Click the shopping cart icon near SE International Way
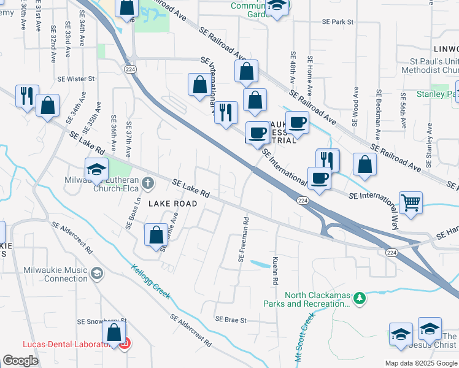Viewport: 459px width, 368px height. pyautogui.click(x=411, y=202)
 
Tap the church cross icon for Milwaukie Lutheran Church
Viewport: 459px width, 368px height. pyautogui.click(x=147, y=182)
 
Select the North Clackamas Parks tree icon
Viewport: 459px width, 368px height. pyautogui.click(x=360, y=299)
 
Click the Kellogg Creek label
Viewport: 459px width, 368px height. pyautogui.click(x=150, y=281)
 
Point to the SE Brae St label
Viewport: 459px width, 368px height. pyautogui.click(x=230, y=320)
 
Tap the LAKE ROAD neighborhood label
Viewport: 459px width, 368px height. pyautogui.click(x=172, y=203)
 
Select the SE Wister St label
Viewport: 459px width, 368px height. pyautogui.click(x=76, y=79)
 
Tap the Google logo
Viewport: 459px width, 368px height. pyautogui.click(x=20, y=360)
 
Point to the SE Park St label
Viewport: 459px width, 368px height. pyautogui.click(x=338, y=21)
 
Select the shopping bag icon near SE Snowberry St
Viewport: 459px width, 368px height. pyautogui.click(x=114, y=334)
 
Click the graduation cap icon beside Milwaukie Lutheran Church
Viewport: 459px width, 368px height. pyautogui.click(x=96, y=169)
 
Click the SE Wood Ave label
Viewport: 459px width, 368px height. pyautogui.click(x=355, y=107)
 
